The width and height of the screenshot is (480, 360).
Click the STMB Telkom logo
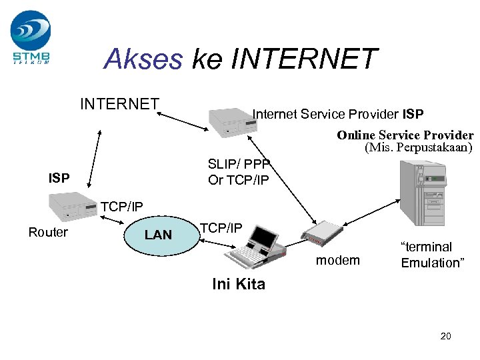tap(31, 37)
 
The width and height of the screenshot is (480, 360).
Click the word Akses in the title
tap(143, 59)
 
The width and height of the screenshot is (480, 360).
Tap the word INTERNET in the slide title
tap(304, 59)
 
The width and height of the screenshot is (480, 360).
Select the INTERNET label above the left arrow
tap(119, 104)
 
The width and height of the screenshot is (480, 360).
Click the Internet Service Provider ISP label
tap(337, 114)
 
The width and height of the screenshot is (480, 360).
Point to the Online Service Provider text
tap(405, 135)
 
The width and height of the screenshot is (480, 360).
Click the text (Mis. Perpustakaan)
tap(417, 147)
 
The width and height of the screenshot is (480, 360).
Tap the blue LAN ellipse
tap(158, 235)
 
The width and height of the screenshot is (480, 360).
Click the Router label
tap(48, 232)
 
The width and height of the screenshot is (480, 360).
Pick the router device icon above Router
tap(72, 206)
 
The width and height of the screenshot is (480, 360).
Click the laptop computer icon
tap(257, 247)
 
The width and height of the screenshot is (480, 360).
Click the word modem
tap(337, 260)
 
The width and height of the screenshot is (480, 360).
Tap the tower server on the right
tap(420, 193)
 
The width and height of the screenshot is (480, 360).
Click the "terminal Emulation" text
tap(431, 255)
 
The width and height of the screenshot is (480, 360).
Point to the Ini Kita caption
tap(238, 284)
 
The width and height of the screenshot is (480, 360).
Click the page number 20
tap(445, 336)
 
